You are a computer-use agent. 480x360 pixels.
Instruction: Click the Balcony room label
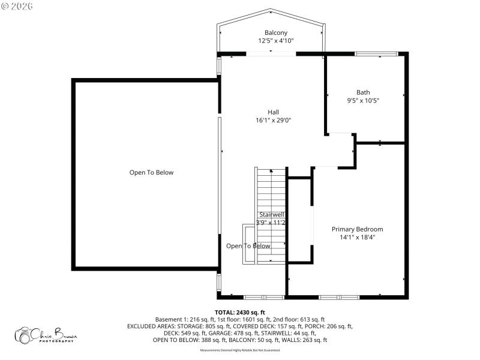coord(276,32)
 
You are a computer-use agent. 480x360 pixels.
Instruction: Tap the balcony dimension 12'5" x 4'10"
coord(276,41)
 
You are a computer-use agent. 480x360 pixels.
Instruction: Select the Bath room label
coord(363,92)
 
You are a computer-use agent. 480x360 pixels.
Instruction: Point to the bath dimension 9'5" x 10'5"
coord(363,101)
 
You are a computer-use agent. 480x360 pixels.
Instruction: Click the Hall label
coord(273,112)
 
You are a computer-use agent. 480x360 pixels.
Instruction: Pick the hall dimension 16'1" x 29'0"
coord(273,120)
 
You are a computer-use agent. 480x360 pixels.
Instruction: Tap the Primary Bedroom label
coord(358,229)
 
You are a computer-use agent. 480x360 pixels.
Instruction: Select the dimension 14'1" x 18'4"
coord(358,238)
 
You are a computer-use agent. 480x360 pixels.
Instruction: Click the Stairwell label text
coord(271,214)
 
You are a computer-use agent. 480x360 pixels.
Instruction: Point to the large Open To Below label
coord(151,173)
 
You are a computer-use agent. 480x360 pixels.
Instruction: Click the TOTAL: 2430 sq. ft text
coord(240,313)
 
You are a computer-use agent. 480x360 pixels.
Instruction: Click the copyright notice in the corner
coord(17,6)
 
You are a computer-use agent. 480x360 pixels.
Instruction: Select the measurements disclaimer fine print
coord(240,349)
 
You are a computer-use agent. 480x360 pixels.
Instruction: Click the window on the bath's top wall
coord(376,54)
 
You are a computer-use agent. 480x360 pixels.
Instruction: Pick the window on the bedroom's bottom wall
coord(338,297)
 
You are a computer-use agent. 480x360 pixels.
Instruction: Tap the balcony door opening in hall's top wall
coord(271,54)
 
